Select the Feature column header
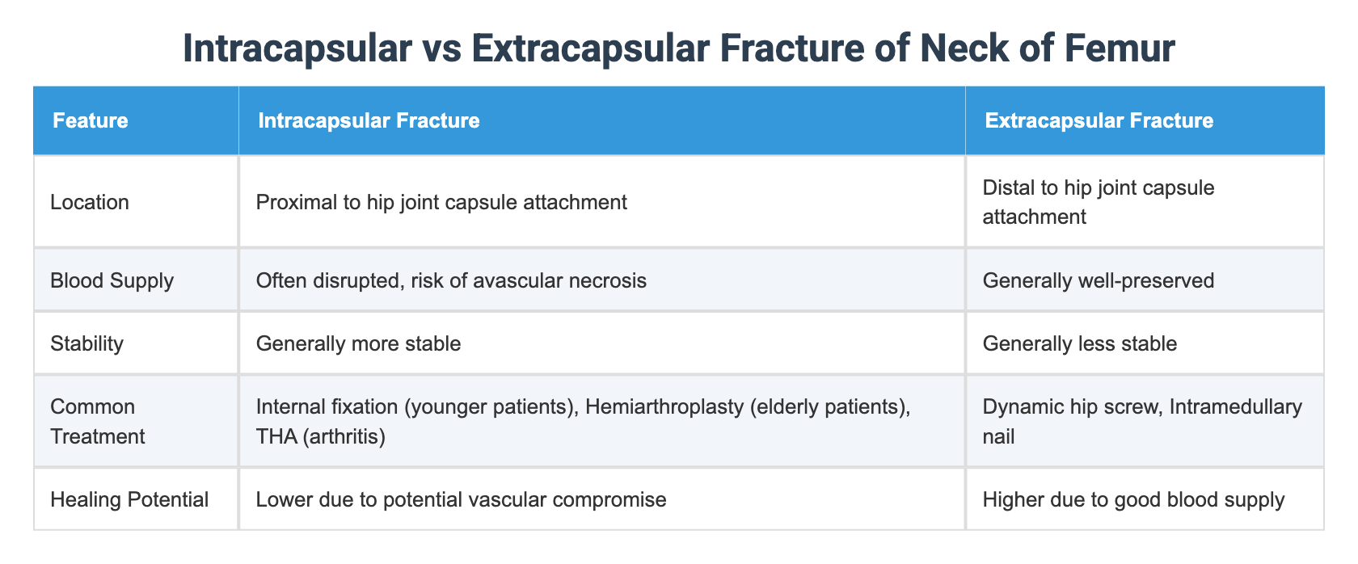90,121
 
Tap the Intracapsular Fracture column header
368,121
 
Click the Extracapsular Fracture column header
1099,121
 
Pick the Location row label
90,202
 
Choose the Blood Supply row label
112,280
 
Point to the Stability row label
86,343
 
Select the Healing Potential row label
129,499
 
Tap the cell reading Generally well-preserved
1098,280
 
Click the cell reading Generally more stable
358,343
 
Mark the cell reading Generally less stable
1079,343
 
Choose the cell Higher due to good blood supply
1132,499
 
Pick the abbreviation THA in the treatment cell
276,436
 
